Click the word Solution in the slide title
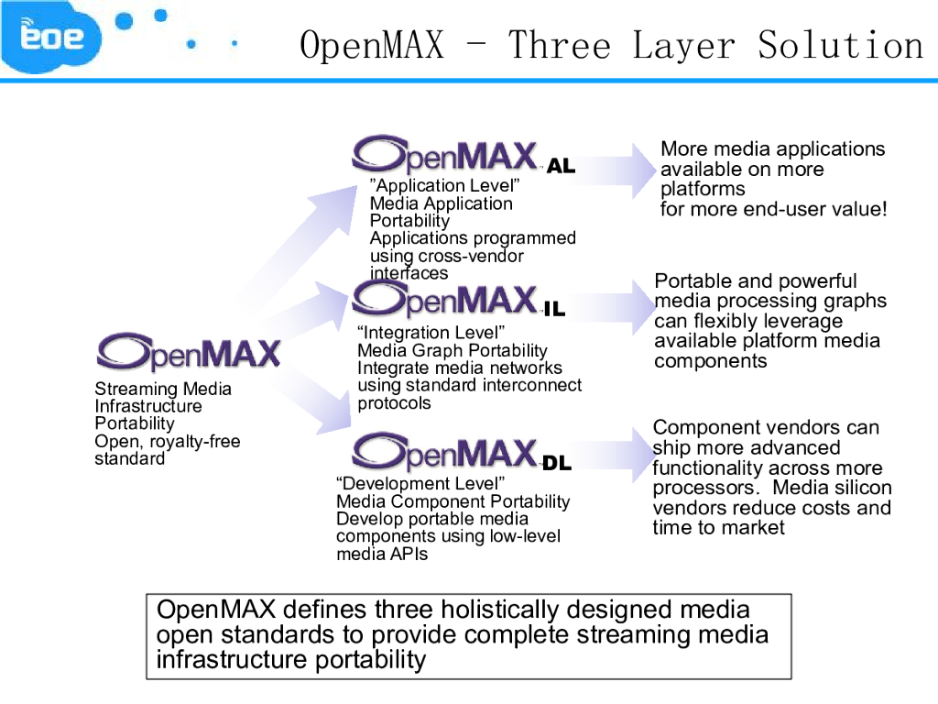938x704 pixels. [x=840, y=45]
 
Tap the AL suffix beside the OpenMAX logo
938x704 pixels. [x=561, y=167]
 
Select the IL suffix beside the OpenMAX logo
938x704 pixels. [x=554, y=310]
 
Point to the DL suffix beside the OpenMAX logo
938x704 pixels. [x=556, y=464]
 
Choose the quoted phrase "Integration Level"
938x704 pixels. [x=431, y=333]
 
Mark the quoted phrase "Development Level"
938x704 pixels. [x=420, y=484]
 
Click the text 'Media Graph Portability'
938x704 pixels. [x=453, y=350]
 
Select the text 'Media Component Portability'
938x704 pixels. [x=453, y=501]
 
